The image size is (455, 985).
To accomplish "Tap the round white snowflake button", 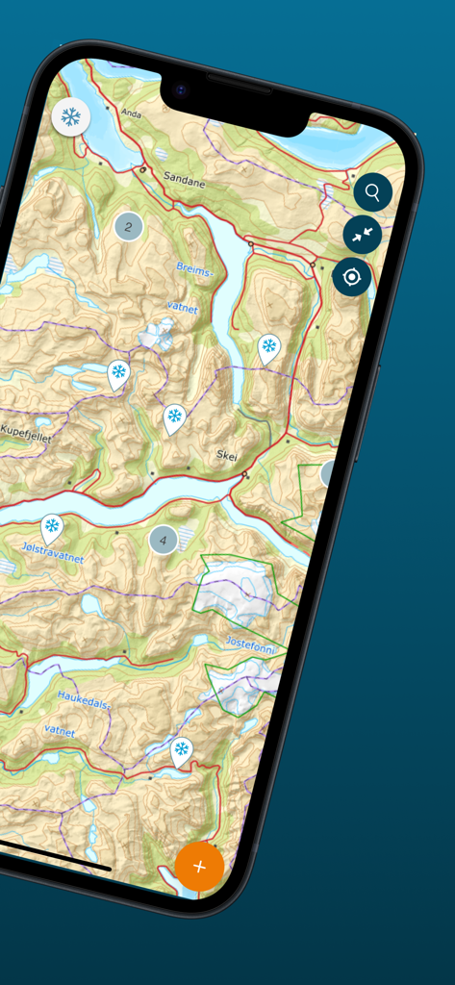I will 71,117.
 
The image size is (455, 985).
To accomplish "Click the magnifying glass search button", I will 372,192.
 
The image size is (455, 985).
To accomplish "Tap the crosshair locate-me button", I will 352,277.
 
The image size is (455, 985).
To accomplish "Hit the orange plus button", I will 199,866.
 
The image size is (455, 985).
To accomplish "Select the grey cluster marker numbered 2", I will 128,227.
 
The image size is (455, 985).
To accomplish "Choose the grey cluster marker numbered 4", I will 163,540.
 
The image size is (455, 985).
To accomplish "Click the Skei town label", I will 227,456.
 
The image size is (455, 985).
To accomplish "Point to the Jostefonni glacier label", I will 250,644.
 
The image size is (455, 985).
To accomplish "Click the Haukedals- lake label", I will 84,698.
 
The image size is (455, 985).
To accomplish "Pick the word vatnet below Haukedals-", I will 60,731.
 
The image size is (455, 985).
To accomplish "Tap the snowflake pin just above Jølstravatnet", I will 52,527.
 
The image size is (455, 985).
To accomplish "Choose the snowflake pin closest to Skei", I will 174,417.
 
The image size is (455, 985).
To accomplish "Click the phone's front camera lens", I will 180,90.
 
